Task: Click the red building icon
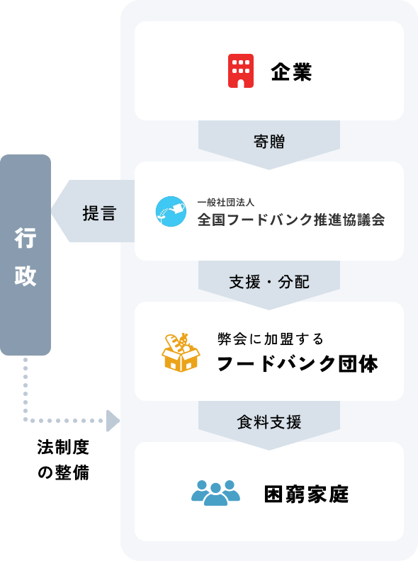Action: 241,71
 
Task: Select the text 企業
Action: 291,72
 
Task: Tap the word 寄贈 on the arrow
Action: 269,142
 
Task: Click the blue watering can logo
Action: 171,211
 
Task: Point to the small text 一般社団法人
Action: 226,203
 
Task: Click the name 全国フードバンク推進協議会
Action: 291,220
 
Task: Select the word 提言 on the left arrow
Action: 99,213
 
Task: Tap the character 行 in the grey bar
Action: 26,238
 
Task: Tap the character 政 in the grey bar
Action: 26,276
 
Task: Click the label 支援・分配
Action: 269,282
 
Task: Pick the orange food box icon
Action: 181,353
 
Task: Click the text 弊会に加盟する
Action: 271,339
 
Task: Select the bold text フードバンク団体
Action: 298,363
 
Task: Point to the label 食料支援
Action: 269,422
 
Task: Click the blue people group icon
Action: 215,493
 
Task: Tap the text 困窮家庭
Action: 306,494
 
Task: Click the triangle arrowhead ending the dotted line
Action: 113,421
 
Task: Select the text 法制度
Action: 63,447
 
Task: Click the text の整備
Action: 63,472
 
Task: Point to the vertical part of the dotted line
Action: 26,390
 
